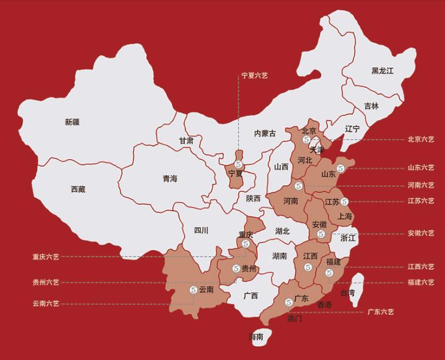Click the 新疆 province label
pos(72,122)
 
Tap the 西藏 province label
pos(77,189)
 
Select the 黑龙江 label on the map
pos(382,71)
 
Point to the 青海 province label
pos(169,179)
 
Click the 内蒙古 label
pos(265,134)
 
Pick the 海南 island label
pos(256,337)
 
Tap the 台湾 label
pos(347,293)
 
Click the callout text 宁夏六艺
pos(255,76)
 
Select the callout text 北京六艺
pos(421,139)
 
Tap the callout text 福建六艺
pos(421,283)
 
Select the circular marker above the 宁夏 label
pos(239,165)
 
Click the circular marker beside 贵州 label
pos(236,268)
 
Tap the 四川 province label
pos(201,230)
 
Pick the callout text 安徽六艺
pos(421,233)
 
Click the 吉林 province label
pos(371,106)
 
